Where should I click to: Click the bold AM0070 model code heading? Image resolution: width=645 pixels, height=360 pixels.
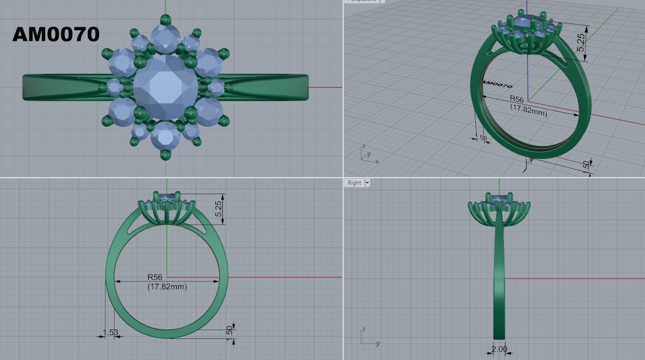click(x=56, y=34)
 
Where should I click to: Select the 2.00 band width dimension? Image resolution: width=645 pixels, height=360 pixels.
click(x=499, y=349)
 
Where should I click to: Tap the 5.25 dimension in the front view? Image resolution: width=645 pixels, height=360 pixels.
click(x=219, y=209)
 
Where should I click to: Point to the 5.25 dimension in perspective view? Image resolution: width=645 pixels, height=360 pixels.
click(x=582, y=43)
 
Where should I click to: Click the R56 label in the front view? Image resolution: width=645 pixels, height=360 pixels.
click(x=155, y=277)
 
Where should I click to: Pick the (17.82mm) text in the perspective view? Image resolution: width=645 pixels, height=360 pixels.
click(x=528, y=110)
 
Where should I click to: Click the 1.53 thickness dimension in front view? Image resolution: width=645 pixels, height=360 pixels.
click(x=110, y=333)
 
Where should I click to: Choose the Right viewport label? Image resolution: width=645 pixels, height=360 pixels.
click(x=354, y=183)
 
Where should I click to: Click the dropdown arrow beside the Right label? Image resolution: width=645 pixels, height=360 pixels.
click(x=367, y=183)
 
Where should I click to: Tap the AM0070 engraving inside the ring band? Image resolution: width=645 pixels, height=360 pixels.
click(x=497, y=85)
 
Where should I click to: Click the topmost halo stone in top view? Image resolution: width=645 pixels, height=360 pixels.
click(x=165, y=37)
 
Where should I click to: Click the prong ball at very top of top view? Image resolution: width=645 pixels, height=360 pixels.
click(x=165, y=19)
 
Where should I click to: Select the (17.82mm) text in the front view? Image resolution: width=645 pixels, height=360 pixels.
click(x=167, y=286)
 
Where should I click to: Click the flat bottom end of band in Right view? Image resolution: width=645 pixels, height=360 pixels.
click(x=499, y=337)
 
